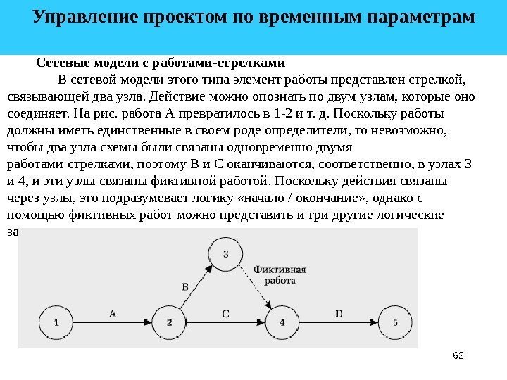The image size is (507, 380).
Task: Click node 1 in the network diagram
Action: point(57,322)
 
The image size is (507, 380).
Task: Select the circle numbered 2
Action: point(170,322)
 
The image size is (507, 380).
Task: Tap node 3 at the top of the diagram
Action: point(225,254)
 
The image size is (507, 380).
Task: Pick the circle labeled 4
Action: point(282,322)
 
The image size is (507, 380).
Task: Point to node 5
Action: point(395,322)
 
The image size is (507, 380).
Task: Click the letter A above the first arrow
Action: point(113,314)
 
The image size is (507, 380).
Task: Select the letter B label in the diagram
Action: point(185,286)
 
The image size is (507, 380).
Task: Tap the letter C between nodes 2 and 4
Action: point(225,314)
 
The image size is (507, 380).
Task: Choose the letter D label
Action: point(339,314)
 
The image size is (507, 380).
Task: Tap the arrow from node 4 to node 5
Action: point(338,322)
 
